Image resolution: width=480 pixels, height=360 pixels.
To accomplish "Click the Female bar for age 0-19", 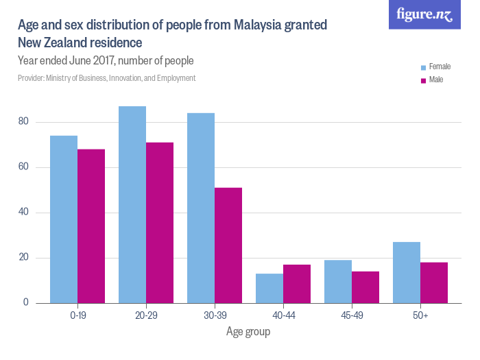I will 64,219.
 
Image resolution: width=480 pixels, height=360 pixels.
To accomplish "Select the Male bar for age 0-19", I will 91,226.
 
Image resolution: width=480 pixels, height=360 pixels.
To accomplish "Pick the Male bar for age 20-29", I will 160,223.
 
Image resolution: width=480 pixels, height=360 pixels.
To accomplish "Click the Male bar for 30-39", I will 228,245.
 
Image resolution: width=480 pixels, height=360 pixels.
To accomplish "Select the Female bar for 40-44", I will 269,289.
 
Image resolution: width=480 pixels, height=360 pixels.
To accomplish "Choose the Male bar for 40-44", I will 297,284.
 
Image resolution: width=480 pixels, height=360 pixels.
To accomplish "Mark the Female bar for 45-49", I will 338,282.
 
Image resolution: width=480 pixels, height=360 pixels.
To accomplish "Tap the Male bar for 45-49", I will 365,287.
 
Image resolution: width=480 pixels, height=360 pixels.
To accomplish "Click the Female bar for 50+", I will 407,272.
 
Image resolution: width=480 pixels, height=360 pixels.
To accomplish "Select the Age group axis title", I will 248,332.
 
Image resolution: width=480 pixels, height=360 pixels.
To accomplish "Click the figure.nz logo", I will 424,14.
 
